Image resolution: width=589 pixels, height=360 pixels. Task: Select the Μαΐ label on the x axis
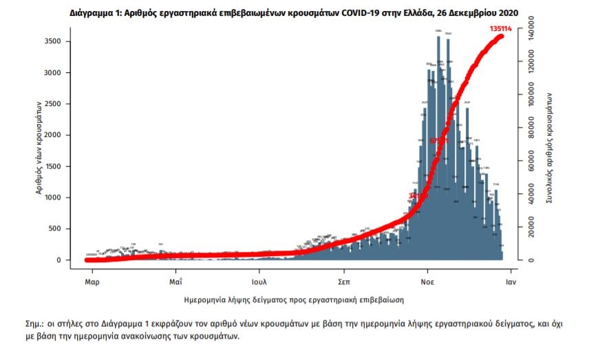click(x=175, y=282)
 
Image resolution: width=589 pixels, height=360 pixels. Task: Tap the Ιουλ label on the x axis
click(x=259, y=282)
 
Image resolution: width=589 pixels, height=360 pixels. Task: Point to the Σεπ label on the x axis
click(x=345, y=282)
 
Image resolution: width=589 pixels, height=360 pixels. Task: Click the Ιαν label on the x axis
click(x=511, y=282)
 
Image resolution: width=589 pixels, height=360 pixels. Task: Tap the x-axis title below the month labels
click(x=294, y=300)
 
